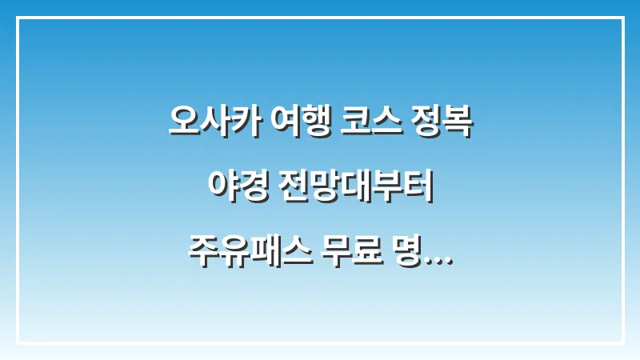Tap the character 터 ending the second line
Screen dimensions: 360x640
tap(421, 188)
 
